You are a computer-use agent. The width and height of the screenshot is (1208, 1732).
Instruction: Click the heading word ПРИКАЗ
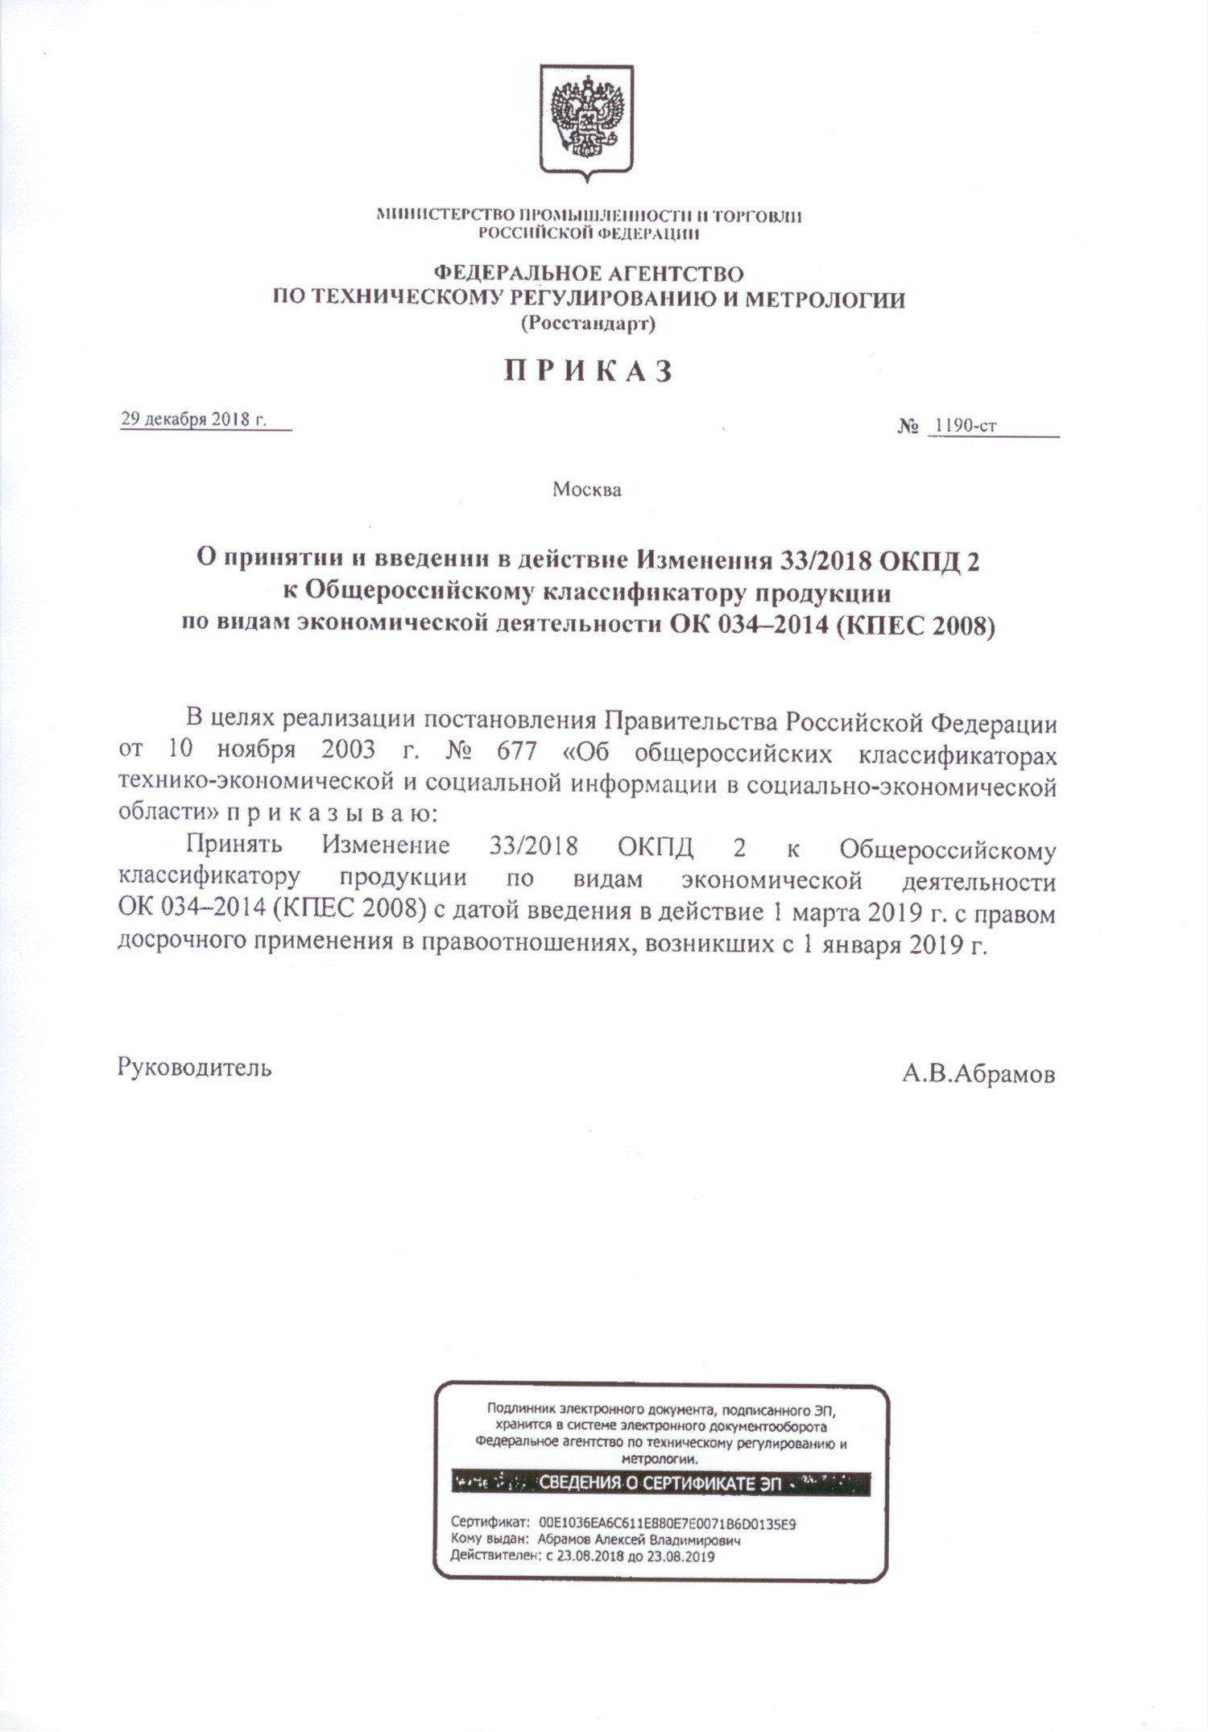click(588, 371)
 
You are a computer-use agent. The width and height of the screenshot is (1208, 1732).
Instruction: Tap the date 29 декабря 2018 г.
click(193, 420)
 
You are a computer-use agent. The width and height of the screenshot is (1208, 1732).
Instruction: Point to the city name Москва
click(586, 490)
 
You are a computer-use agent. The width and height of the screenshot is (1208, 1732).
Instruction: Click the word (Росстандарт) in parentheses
click(588, 324)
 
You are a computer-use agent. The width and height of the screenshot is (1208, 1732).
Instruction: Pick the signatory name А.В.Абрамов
click(978, 1074)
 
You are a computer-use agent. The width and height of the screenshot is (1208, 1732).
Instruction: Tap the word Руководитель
click(194, 1068)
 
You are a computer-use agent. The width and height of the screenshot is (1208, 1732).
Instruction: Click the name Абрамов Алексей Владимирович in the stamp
click(639, 1540)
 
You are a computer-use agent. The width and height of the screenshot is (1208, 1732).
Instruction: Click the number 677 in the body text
click(516, 750)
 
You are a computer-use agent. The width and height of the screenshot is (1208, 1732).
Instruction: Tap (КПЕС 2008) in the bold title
click(915, 626)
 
